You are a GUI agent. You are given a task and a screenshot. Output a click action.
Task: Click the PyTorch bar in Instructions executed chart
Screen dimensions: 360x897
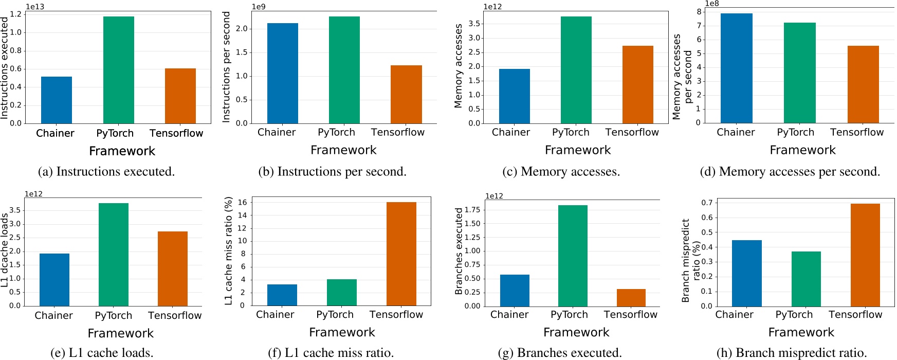point(118,70)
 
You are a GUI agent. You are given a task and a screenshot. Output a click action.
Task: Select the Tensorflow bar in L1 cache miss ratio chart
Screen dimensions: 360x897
point(401,254)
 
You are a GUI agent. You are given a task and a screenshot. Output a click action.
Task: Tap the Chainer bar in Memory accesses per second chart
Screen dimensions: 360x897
point(736,68)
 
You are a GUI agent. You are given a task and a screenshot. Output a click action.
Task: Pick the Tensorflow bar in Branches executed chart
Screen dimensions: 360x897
point(631,298)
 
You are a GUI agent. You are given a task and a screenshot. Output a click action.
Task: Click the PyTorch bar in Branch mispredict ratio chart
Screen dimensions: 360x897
point(806,279)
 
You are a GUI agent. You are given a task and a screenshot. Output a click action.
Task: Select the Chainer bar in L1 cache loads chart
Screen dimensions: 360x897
point(54,280)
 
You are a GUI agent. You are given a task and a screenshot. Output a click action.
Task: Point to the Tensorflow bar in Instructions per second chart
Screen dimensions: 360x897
point(406,94)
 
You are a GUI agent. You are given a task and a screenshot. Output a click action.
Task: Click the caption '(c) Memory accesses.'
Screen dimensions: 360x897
point(561,172)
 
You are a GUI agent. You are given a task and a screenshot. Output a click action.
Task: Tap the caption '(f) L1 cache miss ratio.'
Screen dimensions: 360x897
point(331,353)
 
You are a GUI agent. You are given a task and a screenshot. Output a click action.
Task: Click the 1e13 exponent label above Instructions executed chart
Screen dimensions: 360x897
point(34,7)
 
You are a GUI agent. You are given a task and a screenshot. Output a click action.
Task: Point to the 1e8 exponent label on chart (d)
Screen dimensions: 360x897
point(712,4)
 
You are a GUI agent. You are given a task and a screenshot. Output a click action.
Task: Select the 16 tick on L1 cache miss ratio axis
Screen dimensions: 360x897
point(242,202)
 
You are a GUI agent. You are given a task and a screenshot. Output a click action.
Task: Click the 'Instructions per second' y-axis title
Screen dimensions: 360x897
point(226,67)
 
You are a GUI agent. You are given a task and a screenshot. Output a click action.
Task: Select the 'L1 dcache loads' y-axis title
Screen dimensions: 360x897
point(5,250)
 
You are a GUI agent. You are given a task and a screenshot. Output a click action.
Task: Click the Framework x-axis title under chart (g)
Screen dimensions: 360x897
point(576,333)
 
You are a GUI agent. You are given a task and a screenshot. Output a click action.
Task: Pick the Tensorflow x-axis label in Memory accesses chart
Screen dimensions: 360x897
point(632,132)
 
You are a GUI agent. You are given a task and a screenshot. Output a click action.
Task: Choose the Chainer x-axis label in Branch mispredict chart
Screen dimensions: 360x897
point(734,315)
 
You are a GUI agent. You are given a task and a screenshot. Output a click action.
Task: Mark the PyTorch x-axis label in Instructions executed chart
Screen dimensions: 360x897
point(115,133)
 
